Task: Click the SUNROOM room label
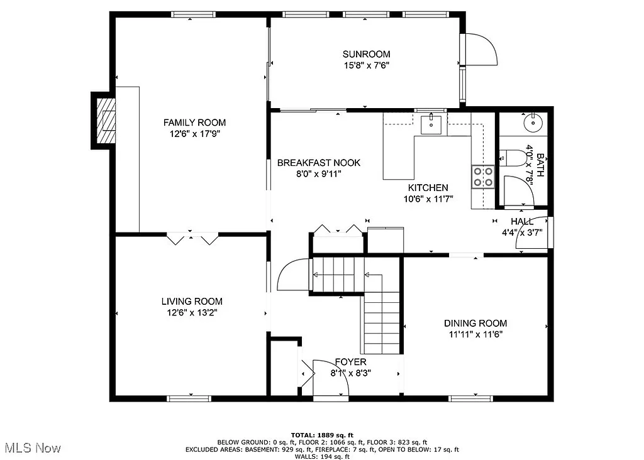click(366, 54)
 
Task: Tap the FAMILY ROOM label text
click(194, 123)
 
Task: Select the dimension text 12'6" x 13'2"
click(191, 312)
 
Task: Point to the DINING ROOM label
click(475, 323)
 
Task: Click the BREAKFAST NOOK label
click(319, 163)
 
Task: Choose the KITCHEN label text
click(428, 188)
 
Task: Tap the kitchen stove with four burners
click(483, 176)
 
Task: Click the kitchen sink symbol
click(431, 124)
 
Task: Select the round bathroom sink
click(532, 121)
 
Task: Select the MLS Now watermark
click(33, 448)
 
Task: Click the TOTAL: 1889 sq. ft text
click(322, 435)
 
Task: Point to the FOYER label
click(350, 363)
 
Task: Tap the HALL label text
click(522, 222)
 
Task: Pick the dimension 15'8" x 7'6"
click(366, 65)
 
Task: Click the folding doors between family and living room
click(192, 239)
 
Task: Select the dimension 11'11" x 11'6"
click(475, 334)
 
